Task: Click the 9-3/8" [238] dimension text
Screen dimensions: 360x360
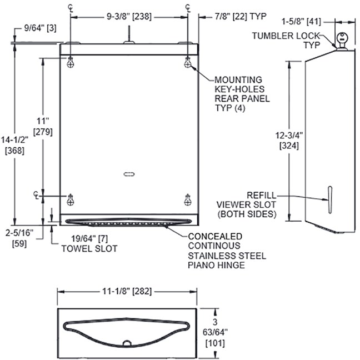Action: [129, 17]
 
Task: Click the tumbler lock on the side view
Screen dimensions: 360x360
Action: [341, 40]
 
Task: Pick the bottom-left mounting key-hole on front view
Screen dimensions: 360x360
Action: [71, 198]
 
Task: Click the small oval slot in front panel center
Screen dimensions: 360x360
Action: [129, 174]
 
